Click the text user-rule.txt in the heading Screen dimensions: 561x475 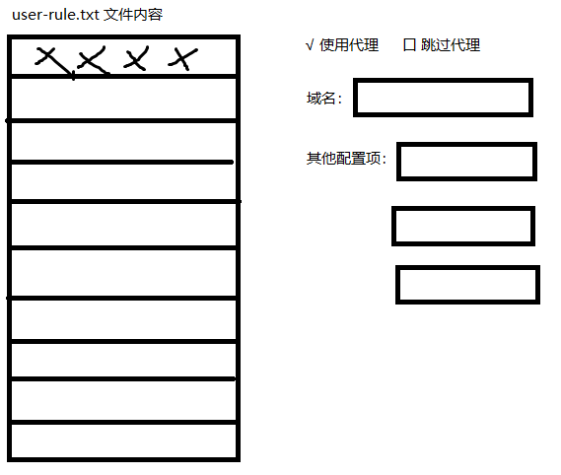(55, 15)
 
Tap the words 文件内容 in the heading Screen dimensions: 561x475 (133, 15)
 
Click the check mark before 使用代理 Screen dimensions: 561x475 (310, 45)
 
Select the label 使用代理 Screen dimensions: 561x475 (349, 45)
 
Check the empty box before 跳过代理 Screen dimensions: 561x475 (409, 45)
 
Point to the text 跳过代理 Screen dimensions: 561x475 (451, 45)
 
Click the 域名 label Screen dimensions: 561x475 (321, 98)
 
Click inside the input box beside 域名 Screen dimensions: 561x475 (443, 98)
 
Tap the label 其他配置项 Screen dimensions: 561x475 (343, 158)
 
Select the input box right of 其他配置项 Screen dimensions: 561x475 (466, 162)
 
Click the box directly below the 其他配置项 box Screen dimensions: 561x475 (463, 226)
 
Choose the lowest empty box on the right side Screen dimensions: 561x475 (467, 285)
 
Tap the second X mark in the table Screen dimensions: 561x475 (92, 61)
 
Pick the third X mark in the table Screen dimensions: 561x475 (136, 59)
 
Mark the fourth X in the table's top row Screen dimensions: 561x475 (182, 59)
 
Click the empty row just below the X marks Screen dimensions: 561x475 (124, 99)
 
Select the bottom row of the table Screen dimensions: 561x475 (124, 441)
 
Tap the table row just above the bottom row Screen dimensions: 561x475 (124, 401)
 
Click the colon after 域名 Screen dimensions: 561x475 (339, 99)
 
